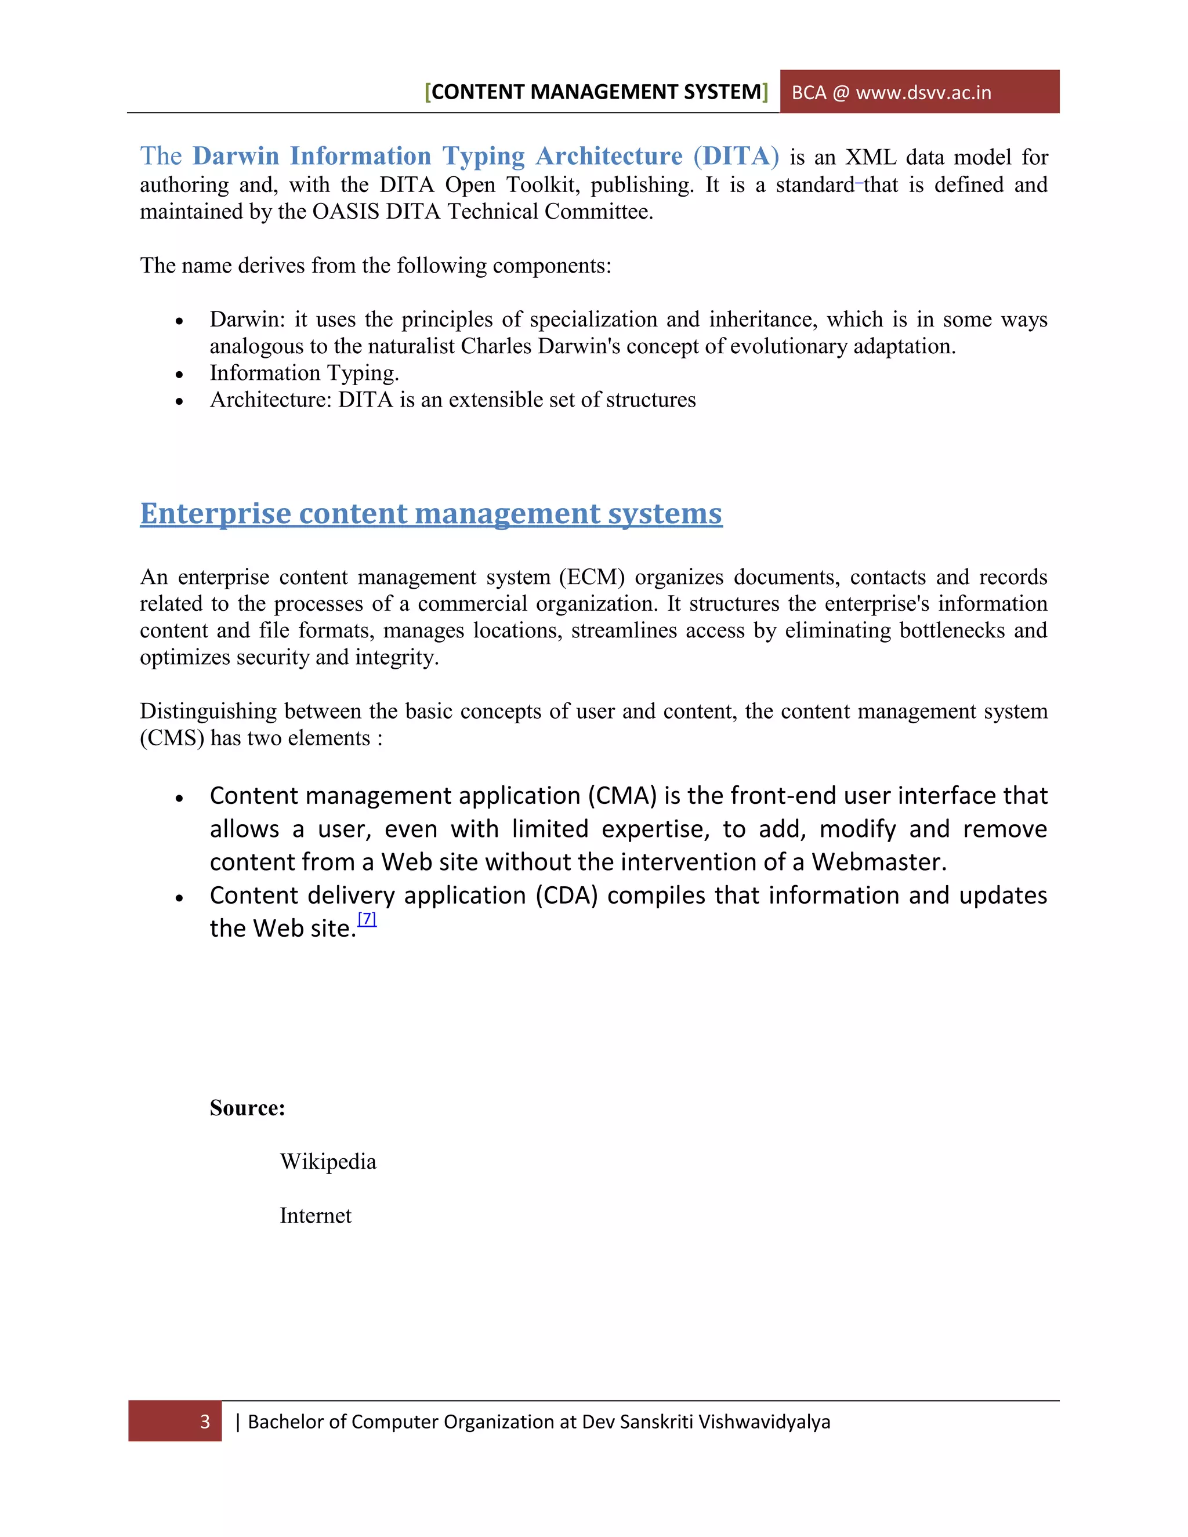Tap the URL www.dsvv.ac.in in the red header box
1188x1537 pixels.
[x=923, y=93]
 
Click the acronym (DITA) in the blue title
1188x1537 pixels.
[x=736, y=155]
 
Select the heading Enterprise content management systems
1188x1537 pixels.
[x=431, y=513]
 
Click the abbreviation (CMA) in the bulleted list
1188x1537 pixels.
[x=622, y=796]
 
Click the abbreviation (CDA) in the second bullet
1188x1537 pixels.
[x=567, y=896]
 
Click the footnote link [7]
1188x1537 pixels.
[x=367, y=919]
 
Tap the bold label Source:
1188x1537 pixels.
[x=247, y=1108]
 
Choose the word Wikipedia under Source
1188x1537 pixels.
[x=328, y=1162]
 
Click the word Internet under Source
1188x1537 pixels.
[x=316, y=1216]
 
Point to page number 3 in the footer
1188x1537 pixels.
[x=205, y=1422]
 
